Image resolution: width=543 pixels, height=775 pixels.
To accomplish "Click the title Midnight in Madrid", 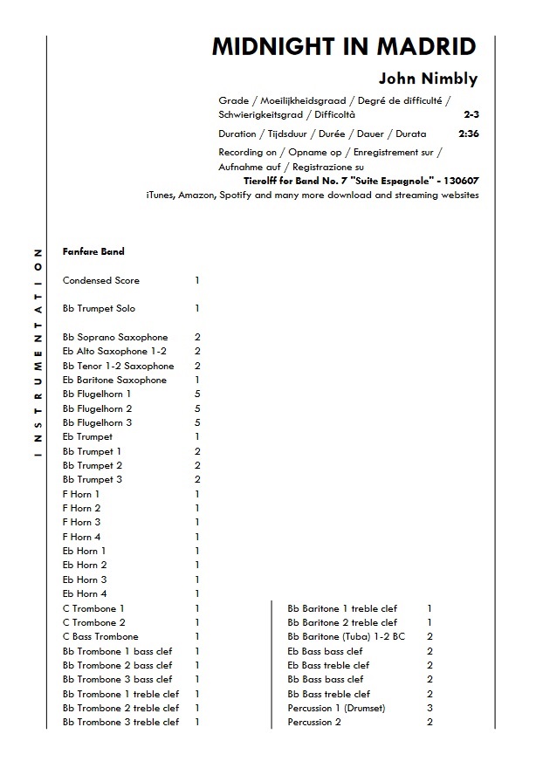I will tap(345, 47).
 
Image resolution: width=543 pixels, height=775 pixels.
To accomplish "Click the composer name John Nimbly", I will tap(428, 79).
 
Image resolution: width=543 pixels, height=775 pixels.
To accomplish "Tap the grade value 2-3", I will tap(471, 114).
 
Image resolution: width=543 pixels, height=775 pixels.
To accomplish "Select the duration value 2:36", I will tap(469, 134).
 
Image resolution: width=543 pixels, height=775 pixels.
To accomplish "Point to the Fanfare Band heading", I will tap(93, 252).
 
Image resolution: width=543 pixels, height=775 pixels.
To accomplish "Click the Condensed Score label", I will tap(101, 281).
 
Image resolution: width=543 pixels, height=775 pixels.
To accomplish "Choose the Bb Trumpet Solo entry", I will tap(100, 309).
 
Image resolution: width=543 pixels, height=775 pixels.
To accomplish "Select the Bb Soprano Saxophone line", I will tap(115, 338).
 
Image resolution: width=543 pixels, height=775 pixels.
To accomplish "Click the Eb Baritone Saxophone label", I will tap(114, 381).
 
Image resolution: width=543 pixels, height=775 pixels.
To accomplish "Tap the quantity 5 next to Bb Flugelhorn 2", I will tap(197, 408).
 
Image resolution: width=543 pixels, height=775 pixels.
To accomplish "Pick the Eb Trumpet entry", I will tap(87, 437).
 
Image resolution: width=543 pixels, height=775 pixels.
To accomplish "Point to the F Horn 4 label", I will tap(82, 537).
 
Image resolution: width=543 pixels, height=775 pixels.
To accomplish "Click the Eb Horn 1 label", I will tap(85, 552).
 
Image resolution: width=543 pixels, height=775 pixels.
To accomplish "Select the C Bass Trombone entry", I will tap(100, 637).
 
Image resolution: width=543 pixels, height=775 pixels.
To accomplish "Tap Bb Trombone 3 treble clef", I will tap(121, 723).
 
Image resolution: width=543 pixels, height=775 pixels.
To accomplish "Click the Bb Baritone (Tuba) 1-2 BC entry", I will tap(347, 637).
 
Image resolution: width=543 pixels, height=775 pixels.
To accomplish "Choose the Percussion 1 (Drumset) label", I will tap(336, 708).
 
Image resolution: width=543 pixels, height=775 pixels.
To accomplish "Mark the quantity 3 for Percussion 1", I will tap(430, 708).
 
